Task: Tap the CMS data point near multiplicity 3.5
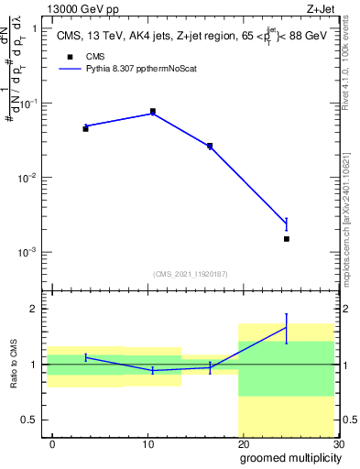coord(85,128)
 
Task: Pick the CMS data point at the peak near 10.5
coord(152,111)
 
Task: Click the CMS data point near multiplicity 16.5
coord(210,146)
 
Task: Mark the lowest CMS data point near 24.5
coord(287,239)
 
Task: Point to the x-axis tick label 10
coord(147,443)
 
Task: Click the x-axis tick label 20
coord(243,443)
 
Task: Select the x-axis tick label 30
coord(338,443)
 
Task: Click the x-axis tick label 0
coord(52,443)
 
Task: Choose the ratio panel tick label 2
coord(33,309)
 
